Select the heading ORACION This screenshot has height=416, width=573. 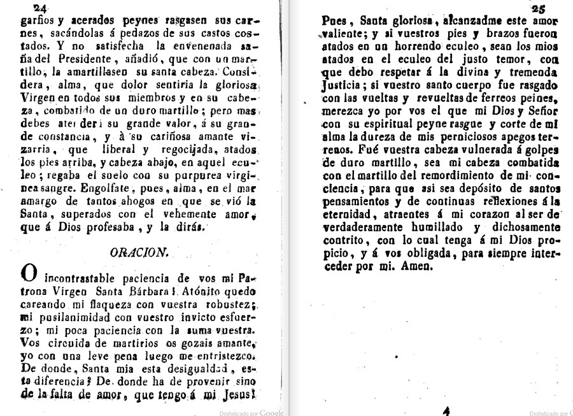[x=139, y=252]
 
